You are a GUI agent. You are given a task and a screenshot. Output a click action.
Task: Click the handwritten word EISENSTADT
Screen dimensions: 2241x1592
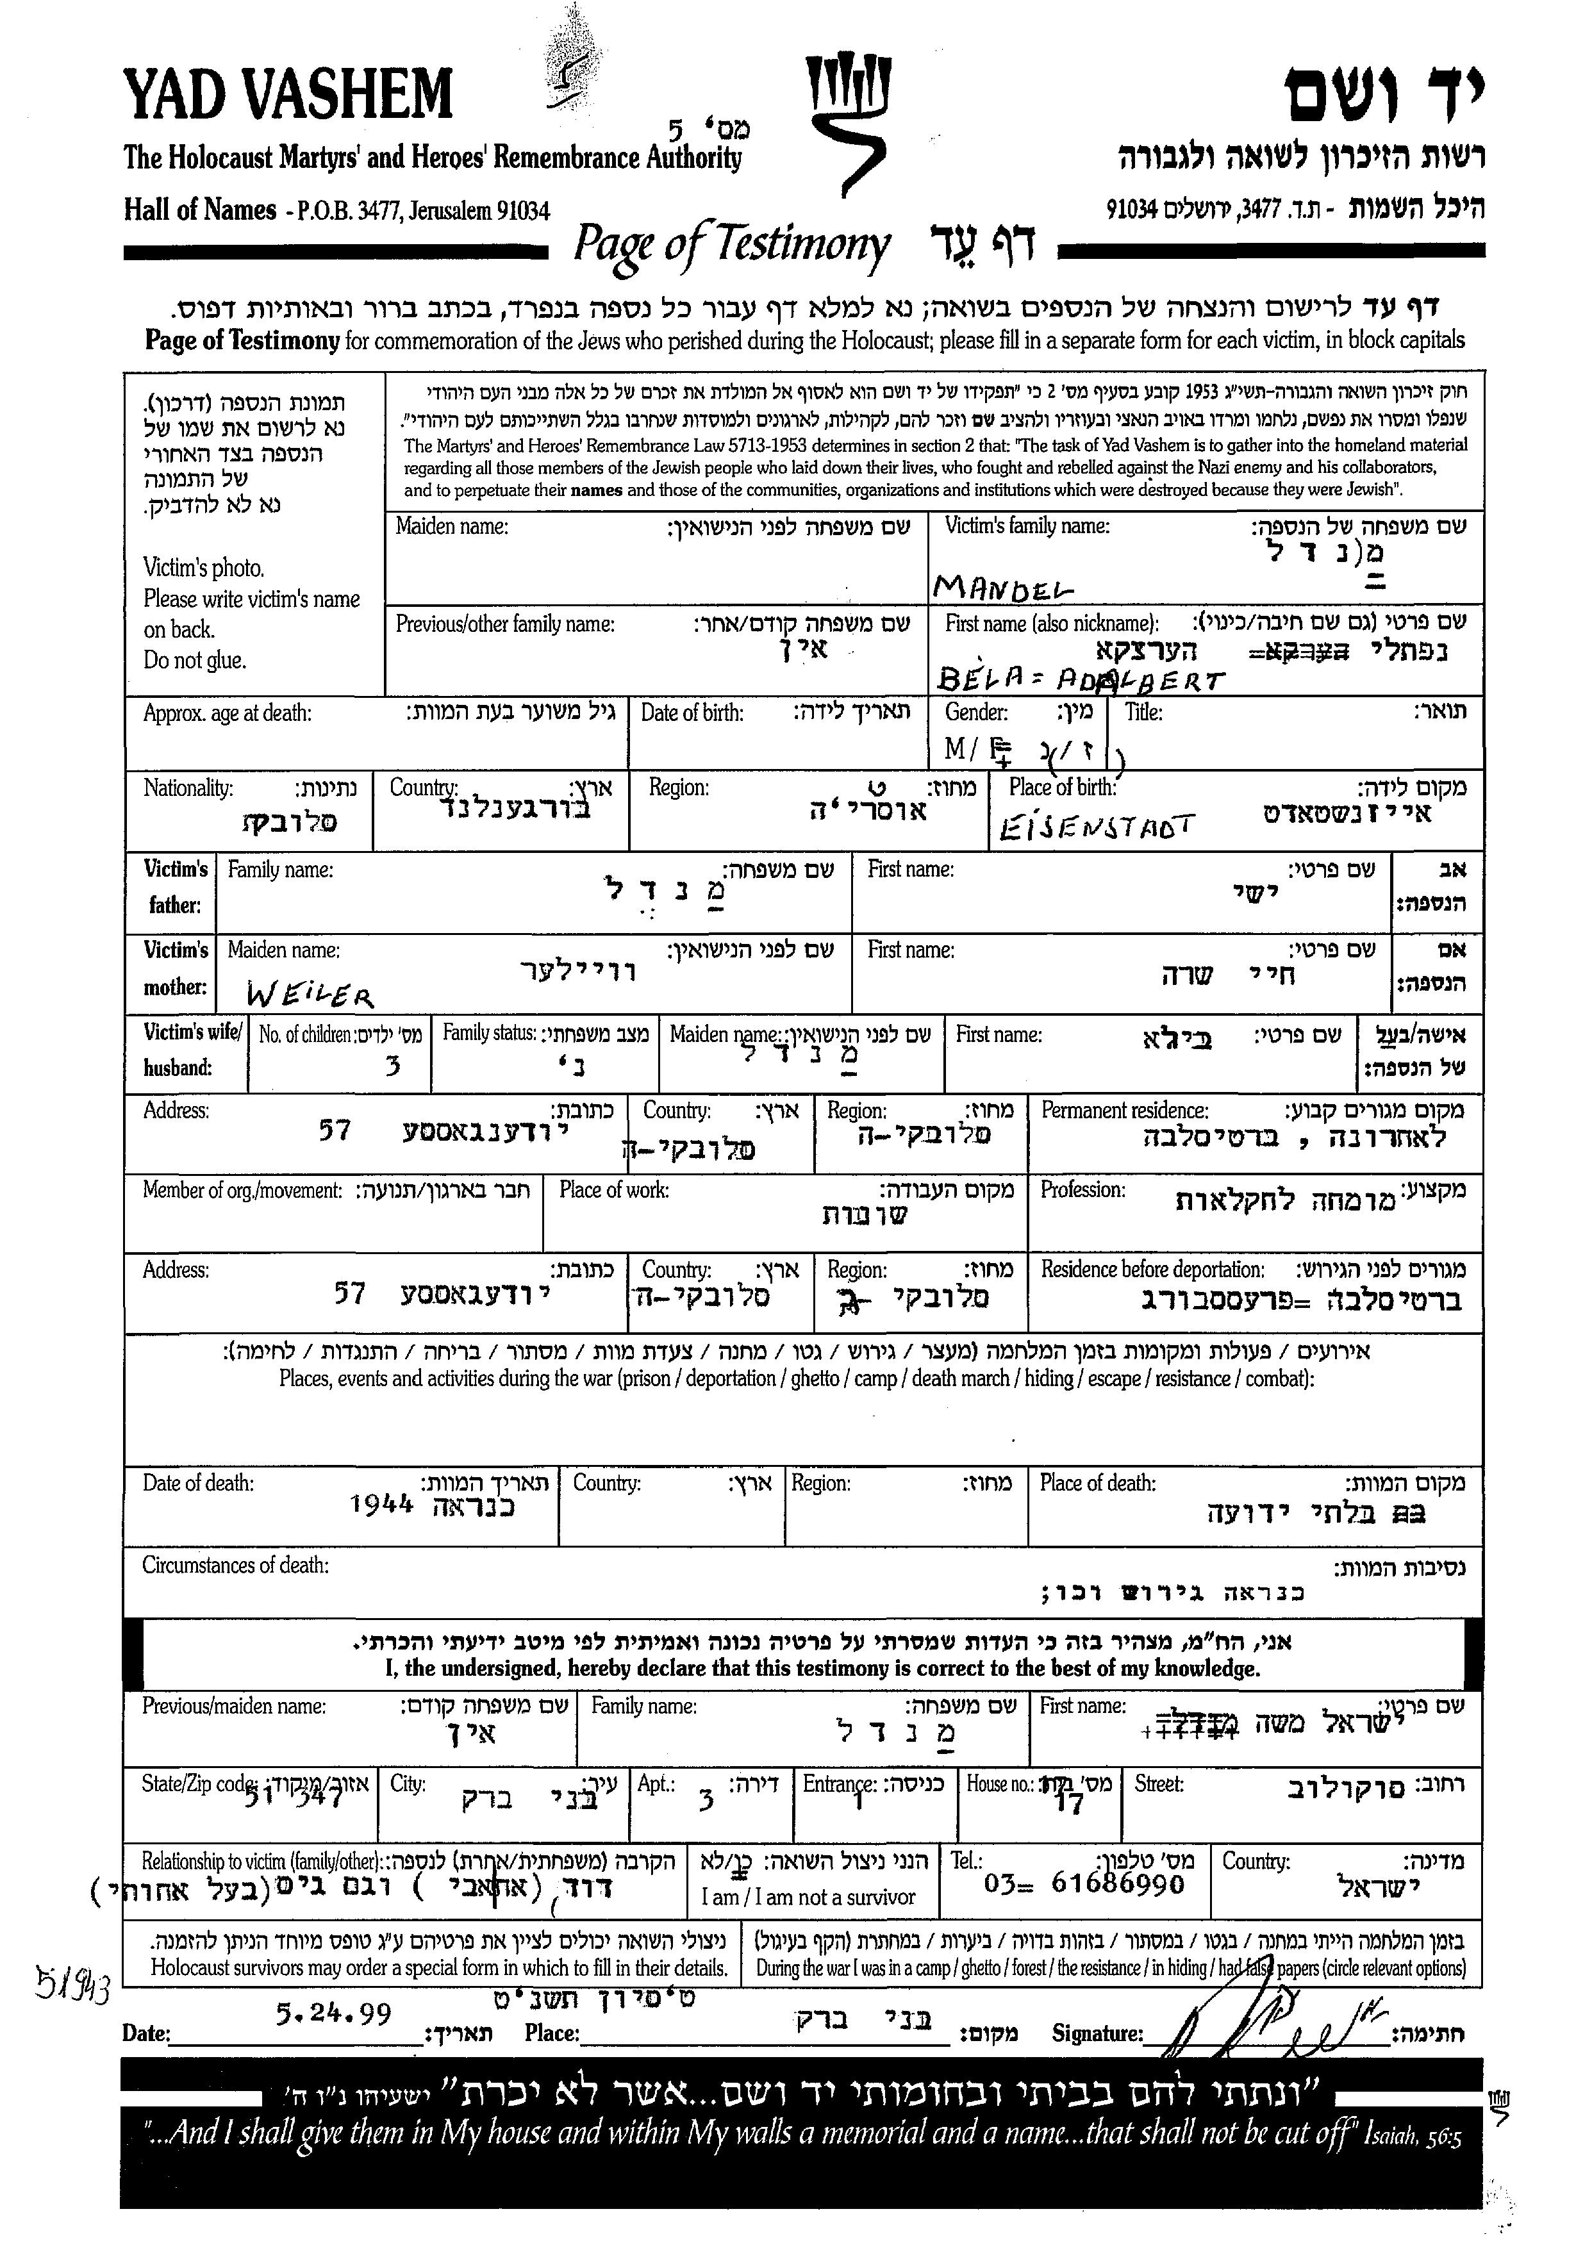1096,829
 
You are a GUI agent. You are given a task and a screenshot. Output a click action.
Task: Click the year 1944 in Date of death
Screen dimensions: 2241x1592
381,1504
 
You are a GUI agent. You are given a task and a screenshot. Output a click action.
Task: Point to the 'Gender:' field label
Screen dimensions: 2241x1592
975,713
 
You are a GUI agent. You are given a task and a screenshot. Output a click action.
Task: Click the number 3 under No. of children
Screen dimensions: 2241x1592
393,1066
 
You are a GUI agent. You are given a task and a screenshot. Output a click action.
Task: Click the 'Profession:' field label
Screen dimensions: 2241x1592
1082,1189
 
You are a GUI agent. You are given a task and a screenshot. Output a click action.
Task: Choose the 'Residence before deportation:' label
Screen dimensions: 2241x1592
1152,1269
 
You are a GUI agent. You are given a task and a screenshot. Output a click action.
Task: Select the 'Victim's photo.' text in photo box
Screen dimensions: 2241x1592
203,568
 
